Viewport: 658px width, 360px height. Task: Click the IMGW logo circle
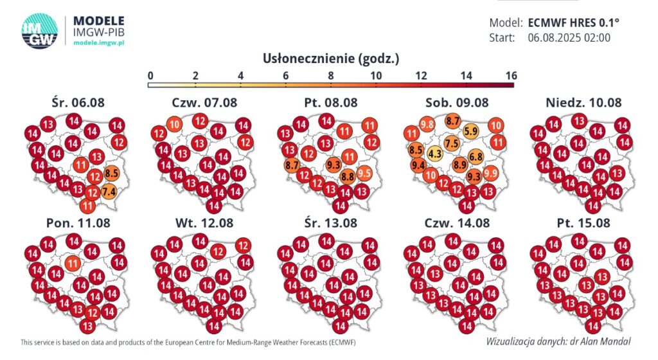tap(40, 29)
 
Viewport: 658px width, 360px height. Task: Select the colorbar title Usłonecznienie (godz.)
tap(331, 59)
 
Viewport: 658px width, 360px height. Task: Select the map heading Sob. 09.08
tap(457, 102)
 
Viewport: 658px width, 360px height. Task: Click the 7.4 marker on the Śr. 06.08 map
tap(108, 190)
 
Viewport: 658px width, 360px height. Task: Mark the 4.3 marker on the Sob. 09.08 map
tap(435, 154)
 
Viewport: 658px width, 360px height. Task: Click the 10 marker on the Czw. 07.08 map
tap(175, 125)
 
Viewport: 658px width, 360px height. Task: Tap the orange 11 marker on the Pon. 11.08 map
tap(73, 262)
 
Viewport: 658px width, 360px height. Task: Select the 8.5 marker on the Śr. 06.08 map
tap(111, 172)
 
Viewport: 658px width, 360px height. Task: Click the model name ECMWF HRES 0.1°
tap(574, 22)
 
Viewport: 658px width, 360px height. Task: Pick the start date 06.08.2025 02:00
tap(569, 38)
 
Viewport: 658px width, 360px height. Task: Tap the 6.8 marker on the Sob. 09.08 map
tap(476, 156)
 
